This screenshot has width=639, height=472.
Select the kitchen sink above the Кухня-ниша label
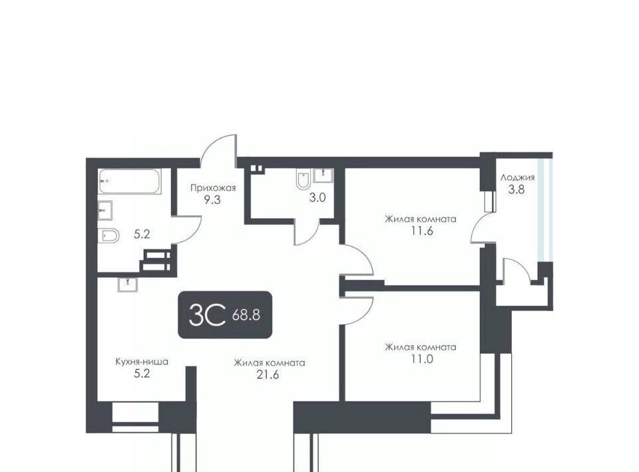128,285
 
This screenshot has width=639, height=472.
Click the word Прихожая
213,188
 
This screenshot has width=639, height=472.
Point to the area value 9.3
213,200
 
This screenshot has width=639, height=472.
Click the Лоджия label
517,177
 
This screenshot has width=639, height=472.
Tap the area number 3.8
517,189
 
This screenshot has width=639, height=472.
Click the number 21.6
268,375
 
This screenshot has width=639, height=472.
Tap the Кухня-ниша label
142,362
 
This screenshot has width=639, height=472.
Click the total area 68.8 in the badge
246,315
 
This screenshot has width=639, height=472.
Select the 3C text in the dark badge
207,315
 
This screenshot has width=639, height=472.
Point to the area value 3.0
318,197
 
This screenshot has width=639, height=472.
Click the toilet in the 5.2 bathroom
108,235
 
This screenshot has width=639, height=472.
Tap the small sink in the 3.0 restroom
323,175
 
